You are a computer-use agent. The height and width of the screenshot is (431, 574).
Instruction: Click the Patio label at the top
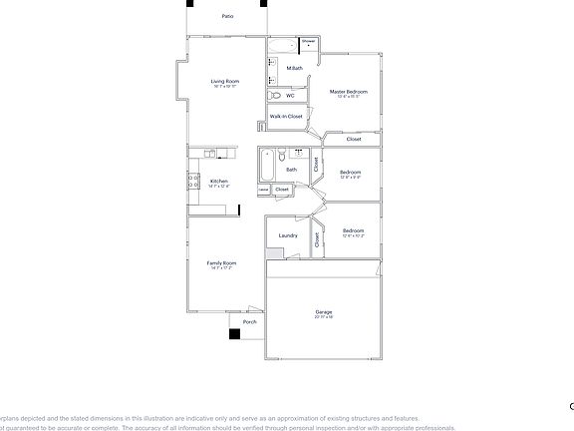click(x=228, y=17)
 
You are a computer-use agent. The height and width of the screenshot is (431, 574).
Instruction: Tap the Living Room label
click(x=224, y=81)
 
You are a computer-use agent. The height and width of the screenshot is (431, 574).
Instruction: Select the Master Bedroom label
click(x=348, y=92)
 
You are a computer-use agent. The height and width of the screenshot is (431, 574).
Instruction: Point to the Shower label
click(x=308, y=41)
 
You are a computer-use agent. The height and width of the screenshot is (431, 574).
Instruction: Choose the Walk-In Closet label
click(x=286, y=117)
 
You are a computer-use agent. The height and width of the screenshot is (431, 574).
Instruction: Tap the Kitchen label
click(x=219, y=181)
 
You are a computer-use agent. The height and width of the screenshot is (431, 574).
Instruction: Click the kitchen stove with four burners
click(x=192, y=180)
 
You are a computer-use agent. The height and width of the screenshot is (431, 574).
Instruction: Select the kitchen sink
click(x=210, y=154)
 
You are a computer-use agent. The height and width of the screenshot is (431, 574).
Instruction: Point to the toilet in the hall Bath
click(x=283, y=155)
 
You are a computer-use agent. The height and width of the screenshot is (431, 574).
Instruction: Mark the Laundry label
click(x=288, y=235)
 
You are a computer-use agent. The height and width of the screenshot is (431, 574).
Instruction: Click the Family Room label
click(x=221, y=263)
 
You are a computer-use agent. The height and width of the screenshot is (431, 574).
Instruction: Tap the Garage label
click(x=323, y=312)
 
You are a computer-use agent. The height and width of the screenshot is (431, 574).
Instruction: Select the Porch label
click(x=250, y=321)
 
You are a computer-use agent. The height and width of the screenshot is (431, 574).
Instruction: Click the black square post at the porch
click(x=234, y=334)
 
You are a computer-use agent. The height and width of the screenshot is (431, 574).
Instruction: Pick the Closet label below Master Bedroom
click(x=354, y=139)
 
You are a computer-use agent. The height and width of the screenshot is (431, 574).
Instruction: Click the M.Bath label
click(x=295, y=68)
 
